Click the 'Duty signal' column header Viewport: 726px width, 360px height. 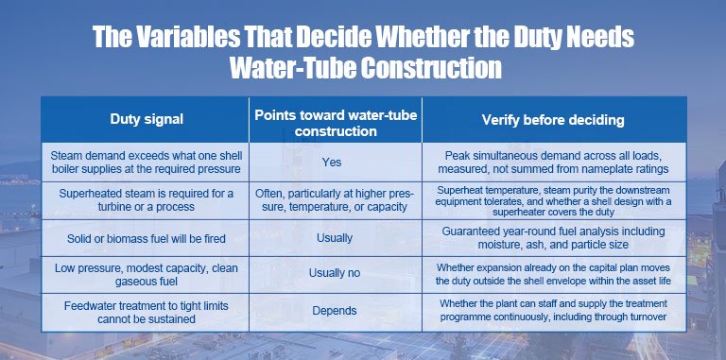pyautogui.click(x=147, y=119)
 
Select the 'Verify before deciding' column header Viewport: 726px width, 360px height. pyautogui.click(x=553, y=120)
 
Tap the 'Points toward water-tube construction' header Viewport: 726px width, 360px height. pyautogui.click(x=336, y=123)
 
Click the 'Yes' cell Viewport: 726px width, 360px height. pyautogui.click(x=332, y=162)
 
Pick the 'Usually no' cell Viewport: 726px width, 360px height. pyautogui.click(x=335, y=273)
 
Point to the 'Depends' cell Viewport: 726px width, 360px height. pyautogui.click(x=335, y=311)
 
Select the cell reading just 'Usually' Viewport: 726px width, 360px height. pyautogui.click(x=335, y=238)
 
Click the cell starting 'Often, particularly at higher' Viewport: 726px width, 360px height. pyautogui.click(x=335, y=199)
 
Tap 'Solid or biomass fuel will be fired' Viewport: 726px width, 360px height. pyautogui.click(x=147, y=239)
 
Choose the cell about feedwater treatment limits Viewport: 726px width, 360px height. pyautogui.click(x=147, y=313)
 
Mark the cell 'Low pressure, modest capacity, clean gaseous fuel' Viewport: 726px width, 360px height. pyautogui.click(x=147, y=274)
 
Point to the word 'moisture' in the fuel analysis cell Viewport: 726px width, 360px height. pyautogui.click(x=498, y=244)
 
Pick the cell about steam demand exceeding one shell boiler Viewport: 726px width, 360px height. pyautogui.click(x=147, y=162)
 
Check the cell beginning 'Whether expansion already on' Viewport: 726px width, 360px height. pyautogui.click(x=553, y=274)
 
